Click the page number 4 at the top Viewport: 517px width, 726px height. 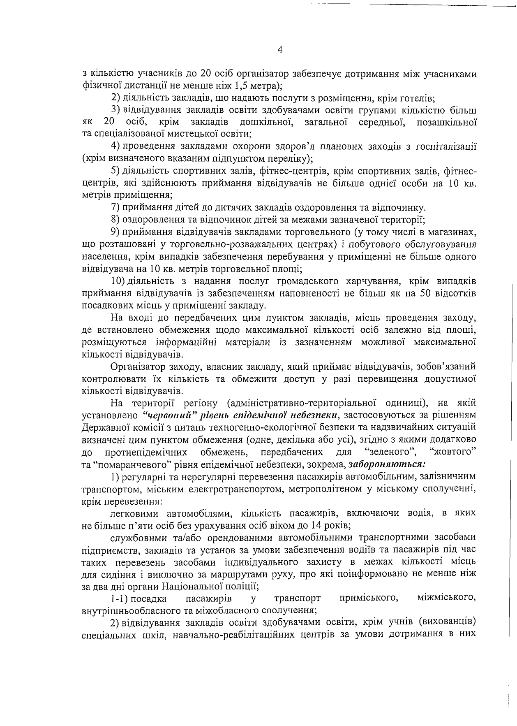coord(280,50)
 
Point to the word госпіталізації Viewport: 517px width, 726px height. coord(447,146)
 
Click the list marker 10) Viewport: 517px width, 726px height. coord(119,281)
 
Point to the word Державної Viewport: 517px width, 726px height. coord(106,427)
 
